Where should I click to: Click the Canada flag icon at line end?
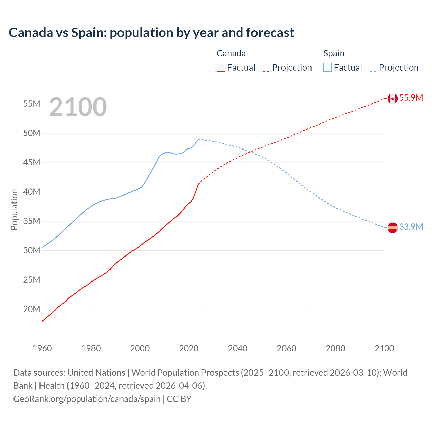click(x=392, y=98)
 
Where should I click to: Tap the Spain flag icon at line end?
click(x=393, y=228)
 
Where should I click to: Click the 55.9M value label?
click(x=411, y=98)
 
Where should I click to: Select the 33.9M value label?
click(x=411, y=227)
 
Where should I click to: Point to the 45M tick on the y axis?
click(x=32, y=163)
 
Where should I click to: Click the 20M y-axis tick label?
click(x=32, y=309)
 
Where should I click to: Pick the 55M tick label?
click(x=32, y=104)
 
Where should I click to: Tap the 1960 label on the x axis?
click(x=42, y=348)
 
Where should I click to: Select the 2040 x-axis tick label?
click(x=238, y=348)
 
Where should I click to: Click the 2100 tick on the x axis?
click(x=384, y=348)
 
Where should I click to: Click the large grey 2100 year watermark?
click(x=78, y=107)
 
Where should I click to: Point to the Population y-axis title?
click(x=14, y=210)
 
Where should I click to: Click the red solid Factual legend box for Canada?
click(x=221, y=67)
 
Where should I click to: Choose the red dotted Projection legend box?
click(x=266, y=67)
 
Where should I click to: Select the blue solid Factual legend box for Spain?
click(x=327, y=67)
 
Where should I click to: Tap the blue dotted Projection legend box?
click(x=373, y=67)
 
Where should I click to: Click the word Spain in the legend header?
click(x=334, y=53)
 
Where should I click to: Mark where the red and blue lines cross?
click(x=250, y=152)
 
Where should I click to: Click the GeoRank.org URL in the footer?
click(x=87, y=399)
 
